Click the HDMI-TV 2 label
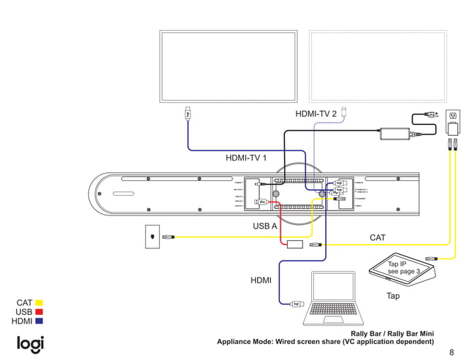[316, 114]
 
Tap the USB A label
[265, 226]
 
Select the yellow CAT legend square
[39, 302]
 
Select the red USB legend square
[39, 312]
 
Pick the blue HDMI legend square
[39, 321]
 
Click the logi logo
[31, 343]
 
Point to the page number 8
[451, 351]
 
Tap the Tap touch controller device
[402, 271]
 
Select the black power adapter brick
[394, 134]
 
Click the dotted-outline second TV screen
[378, 66]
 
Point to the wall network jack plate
[151, 237]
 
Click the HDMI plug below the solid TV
[188, 113]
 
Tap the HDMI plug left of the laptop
[296, 304]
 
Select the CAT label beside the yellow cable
[378, 238]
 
